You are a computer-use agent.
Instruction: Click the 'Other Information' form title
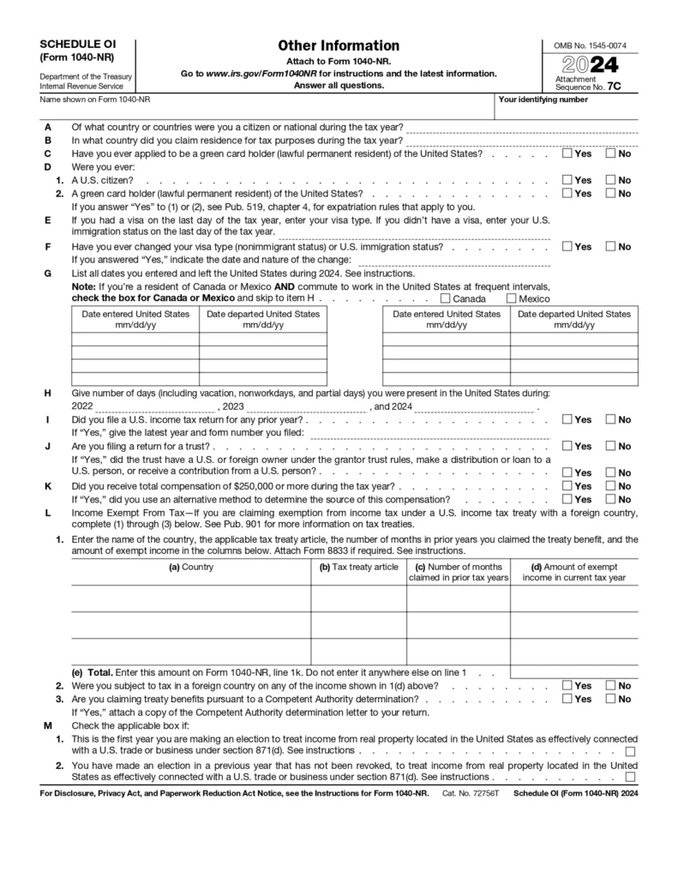click(x=338, y=45)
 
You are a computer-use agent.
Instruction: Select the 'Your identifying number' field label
click(x=543, y=99)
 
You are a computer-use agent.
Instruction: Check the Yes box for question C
click(x=567, y=154)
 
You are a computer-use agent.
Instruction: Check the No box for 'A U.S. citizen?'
click(x=611, y=181)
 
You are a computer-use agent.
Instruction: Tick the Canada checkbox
click(x=445, y=299)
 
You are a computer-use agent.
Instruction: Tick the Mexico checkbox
click(x=512, y=299)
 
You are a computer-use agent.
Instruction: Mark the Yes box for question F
click(x=567, y=247)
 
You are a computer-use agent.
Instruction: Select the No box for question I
click(x=611, y=420)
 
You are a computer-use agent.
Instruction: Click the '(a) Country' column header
click(x=191, y=567)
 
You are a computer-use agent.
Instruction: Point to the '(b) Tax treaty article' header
click(x=358, y=567)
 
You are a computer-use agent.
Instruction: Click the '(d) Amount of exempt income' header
click(x=573, y=572)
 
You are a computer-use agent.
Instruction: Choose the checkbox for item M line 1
click(x=631, y=751)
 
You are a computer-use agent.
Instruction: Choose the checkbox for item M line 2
click(x=631, y=778)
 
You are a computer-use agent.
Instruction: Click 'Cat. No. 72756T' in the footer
click(x=471, y=795)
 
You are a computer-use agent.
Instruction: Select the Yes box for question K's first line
click(x=567, y=486)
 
